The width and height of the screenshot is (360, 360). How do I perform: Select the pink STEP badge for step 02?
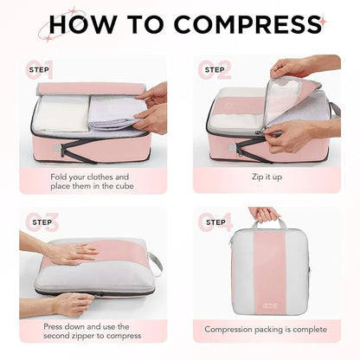click(215, 70)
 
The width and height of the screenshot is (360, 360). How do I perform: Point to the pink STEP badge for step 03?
click(42, 222)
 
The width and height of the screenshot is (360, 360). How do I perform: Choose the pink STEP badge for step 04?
click(215, 222)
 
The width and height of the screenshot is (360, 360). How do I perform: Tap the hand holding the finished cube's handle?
click(264, 213)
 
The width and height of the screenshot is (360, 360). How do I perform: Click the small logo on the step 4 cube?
click(265, 303)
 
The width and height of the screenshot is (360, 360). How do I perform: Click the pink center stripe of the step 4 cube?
click(265, 268)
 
